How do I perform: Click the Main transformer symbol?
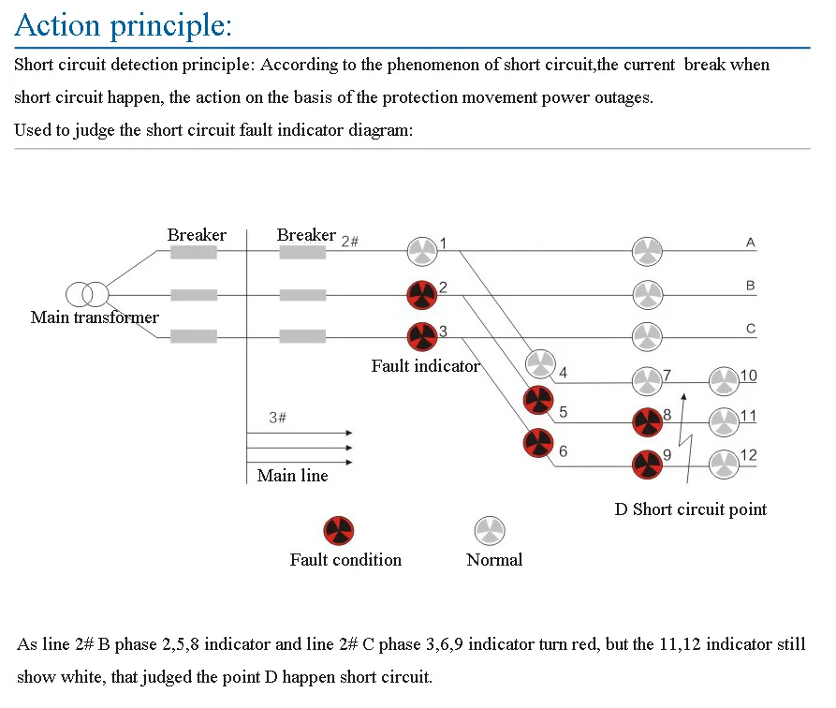tap(87, 294)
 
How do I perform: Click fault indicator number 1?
tap(422, 251)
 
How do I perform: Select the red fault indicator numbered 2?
tap(421, 295)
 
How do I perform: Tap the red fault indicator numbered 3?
tap(422, 336)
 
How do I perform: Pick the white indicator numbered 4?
tap(540, 364)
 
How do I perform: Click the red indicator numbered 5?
tap(538, 400)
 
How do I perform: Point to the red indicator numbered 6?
tap(538, 443)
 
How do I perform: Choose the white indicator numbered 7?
tap(647, 381)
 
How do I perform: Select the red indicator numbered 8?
tap(647, 422)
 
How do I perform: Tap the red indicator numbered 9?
tap(647, 465)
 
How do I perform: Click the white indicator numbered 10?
tap(724, 381)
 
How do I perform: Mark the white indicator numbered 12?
tap(724, 465)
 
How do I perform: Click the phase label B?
tap(750, 286)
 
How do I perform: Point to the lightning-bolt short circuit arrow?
tap(684, 438)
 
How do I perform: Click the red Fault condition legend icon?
tap(339, 530)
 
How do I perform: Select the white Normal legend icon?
tap(490, 530)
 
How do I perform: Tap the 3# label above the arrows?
tap(277, 418)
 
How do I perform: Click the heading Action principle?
tap(124, 25)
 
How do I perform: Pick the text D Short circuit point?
tap(691, 509)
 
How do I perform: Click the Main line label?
tap(292, 476)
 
